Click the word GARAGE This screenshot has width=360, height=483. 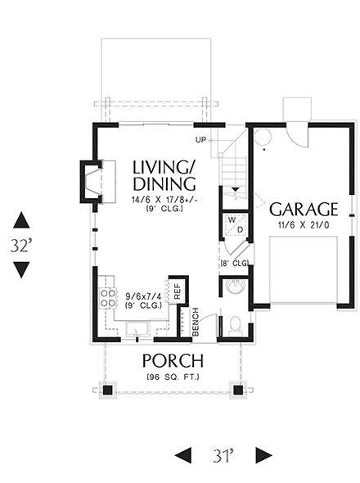(304, 208)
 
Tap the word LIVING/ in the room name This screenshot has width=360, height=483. (164, 167)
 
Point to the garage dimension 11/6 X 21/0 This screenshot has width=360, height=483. (304, 225)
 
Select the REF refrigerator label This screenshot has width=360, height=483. (175, 292)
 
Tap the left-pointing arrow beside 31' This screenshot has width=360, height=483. (187, 454)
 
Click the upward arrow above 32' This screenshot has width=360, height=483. (21, 219)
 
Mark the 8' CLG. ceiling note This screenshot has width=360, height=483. (234, 263)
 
